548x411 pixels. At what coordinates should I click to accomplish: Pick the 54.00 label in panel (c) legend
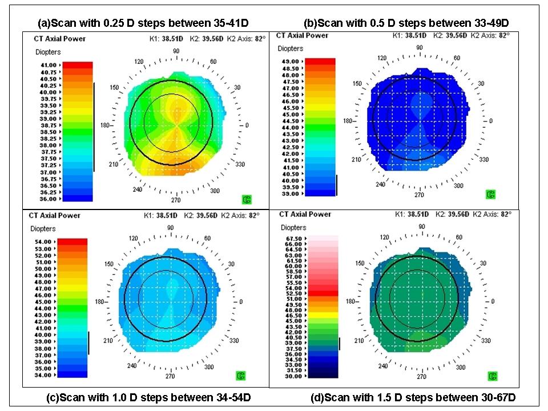[x=43, y=242]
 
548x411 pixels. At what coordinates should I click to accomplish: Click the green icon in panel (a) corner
[x=247, y=199]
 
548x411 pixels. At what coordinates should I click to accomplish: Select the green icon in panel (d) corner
[x=492, y=376]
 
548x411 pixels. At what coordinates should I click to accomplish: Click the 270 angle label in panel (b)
[x=419, y=195]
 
